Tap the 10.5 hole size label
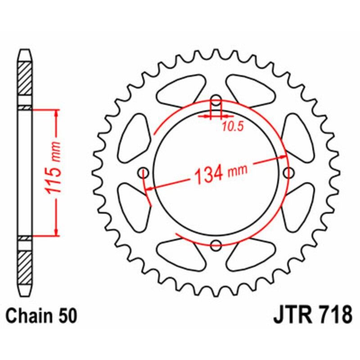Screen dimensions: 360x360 (232, 127)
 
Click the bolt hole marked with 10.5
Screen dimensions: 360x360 (216, 99)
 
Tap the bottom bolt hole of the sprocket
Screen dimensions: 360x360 (216, 245)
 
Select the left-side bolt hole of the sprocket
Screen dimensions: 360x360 (144, 172)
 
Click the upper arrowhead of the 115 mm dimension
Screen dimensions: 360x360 (56, 112)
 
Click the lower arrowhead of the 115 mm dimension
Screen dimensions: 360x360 (56, 231)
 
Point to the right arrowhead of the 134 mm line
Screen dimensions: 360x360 (283, 157)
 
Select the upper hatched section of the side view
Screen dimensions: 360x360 (25, 77)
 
